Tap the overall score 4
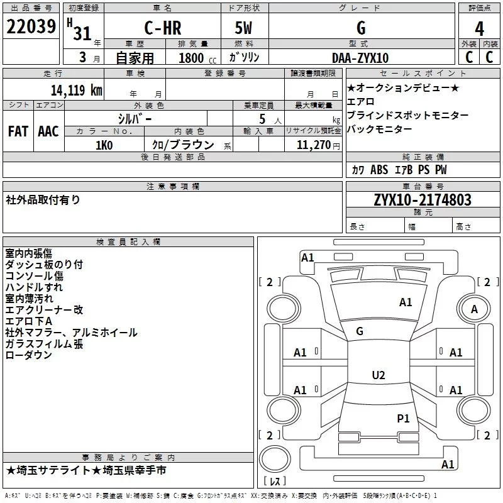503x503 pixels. [479, 28]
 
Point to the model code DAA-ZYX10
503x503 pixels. [360, 58]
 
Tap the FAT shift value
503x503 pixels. [18, 131]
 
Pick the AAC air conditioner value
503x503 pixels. [48, 131]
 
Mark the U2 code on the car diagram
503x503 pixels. [378, 375]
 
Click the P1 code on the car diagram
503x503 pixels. [403, 417]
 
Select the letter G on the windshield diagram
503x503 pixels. [360, 331]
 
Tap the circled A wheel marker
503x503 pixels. [474, 309]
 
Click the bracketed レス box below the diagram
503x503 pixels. [275, 482]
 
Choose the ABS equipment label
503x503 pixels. [379, 170]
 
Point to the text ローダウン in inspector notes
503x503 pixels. [29, 355]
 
